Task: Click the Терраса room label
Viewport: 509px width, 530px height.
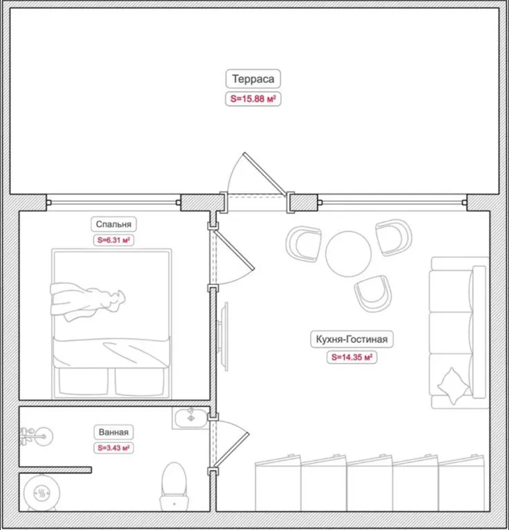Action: click(x=253, y=79)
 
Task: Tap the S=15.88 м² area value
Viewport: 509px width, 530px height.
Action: click(x=253, y=99)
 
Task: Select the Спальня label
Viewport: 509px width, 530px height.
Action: click(x=114, y=224)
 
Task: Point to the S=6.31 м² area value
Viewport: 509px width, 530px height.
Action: click(x=114, y=240)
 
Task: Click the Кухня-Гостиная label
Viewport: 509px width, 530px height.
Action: click(x=352, y=339)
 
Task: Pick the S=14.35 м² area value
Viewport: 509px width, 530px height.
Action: click(x=352, y=357)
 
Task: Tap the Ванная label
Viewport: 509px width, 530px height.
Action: click(x=114, y=432)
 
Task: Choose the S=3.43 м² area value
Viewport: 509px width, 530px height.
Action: click(x=114, y=448)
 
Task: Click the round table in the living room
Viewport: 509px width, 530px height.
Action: click(x=348, y=253)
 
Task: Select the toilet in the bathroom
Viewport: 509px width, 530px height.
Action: click(x=174, y=486)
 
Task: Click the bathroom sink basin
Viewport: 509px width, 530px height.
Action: click(x=191, y=418)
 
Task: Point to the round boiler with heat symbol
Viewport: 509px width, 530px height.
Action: click(x=41, y=493)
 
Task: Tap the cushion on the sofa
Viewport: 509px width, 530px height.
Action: click(x=453, y=386)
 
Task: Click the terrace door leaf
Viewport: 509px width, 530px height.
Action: click(x=265, y=174)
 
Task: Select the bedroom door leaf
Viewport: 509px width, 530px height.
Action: click(x=234, y=251)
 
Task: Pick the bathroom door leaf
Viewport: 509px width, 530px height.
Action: click(x=231, y=449)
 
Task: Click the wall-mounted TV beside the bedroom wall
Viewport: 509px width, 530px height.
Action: click(x=224, y=336)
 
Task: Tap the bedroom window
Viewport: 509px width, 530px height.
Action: click(x=114, y=202)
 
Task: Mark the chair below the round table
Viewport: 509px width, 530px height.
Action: click(x=373, y=293)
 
